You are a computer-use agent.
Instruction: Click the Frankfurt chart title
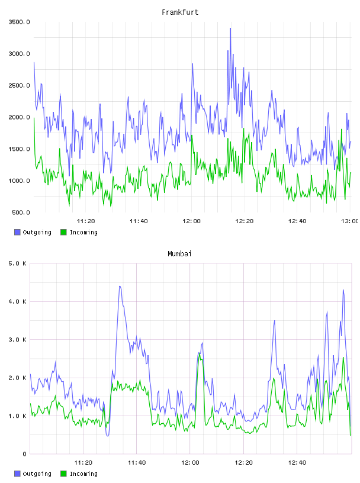(x=180, y=12)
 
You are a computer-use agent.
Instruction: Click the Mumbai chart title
(x=179, y=254)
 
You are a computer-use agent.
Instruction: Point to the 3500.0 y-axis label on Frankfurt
(x=20, y=22)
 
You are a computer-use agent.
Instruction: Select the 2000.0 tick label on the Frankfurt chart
(x=20, y=117)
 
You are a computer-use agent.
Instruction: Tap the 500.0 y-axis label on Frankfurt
(x=21, y=212)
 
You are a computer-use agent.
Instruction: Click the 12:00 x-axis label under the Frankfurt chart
(x=191, y=221)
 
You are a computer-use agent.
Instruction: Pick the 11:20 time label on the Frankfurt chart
(x=86, y=221)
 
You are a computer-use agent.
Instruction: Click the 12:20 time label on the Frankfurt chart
(x=245, y=221)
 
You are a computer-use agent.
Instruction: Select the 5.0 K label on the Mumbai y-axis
(x=18, y=263)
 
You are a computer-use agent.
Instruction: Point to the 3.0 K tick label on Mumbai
(x=18, y=340)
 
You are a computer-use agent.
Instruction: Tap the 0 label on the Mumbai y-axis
(x=25, y=454)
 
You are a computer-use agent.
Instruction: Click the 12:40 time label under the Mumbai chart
(x=297, y=463)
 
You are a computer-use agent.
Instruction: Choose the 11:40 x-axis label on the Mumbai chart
(x=137, y=463)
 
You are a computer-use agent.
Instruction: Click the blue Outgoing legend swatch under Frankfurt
(x=17, y=232)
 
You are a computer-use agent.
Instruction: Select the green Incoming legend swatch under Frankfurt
(x=63, y=232)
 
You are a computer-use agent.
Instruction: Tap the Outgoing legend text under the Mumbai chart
(x=37, y=474)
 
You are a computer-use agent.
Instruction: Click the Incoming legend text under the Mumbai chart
(x=83, y=474)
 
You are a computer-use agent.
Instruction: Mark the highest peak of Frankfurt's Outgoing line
(x=230, y=28)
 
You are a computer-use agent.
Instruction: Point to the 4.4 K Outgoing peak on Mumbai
(x=120, y=286)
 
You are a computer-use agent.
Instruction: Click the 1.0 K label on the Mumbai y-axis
(x=18, y=416)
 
